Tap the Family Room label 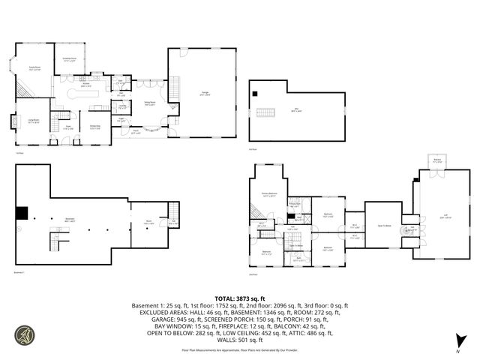(x=34, y=68)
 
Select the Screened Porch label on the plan (x=69, y=58)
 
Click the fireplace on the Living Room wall (x=13, y=121)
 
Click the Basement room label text (x=69, y=220)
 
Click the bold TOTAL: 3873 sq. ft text (x=239, y=298)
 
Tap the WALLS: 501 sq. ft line (x=239, y=340)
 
